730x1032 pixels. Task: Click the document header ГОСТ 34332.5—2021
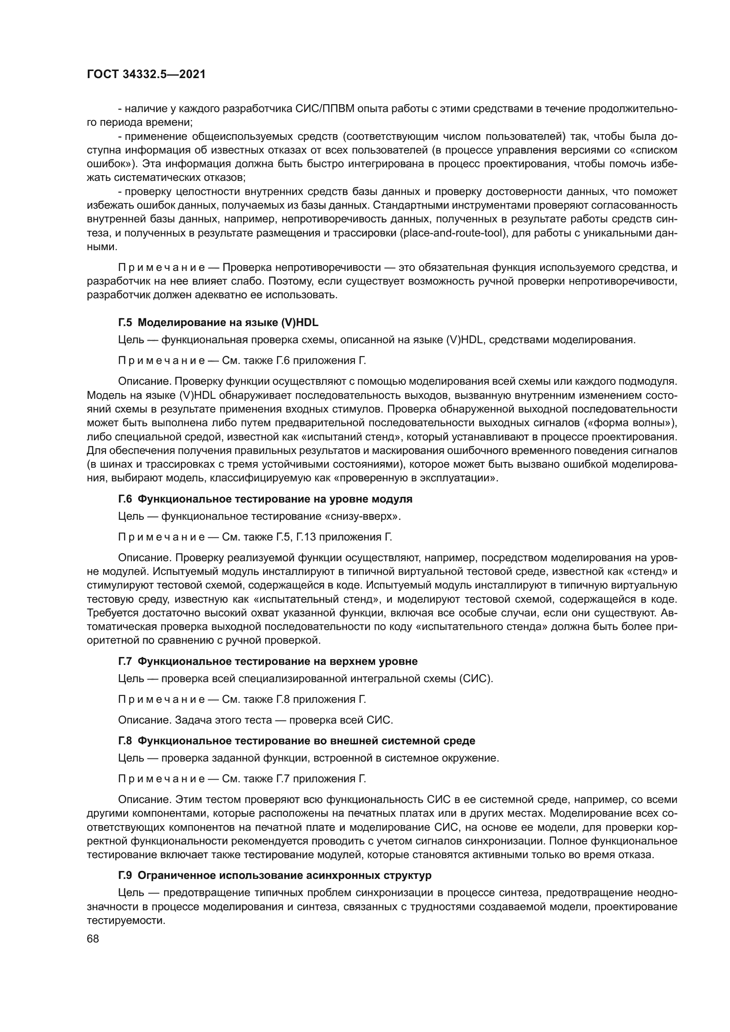click(x=146, y=75)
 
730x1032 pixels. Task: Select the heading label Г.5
click(x=125, y=323)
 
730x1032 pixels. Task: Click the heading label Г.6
click(x=125, y=499)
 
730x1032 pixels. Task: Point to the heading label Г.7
click(x=125, y=661)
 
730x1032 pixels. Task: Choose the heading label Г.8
click(x=125, y=740)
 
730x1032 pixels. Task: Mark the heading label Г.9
click(x=125, y=875)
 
